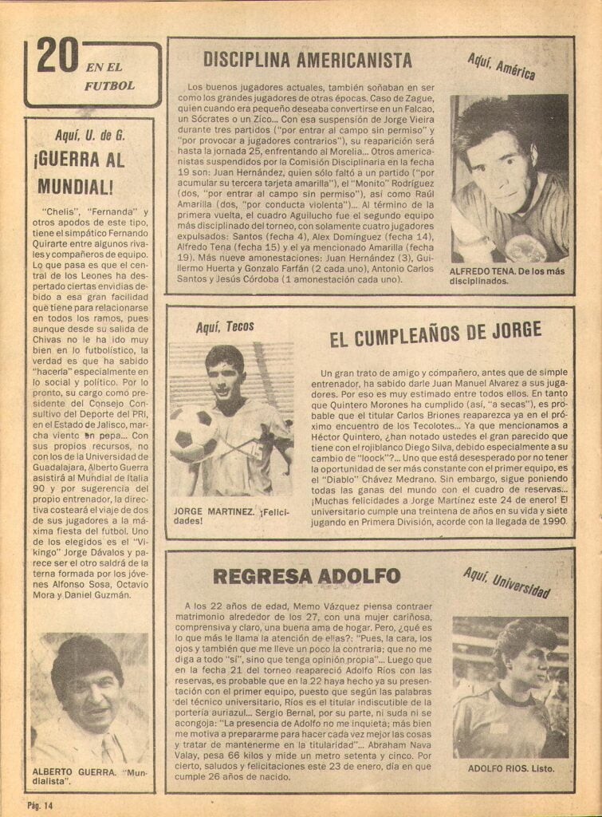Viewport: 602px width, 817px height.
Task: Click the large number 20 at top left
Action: click(x=57, y=57)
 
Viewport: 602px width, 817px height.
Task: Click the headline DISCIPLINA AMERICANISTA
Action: click(x=307, y=60)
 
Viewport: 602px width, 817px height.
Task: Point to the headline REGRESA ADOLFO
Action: click(x=306, y=576)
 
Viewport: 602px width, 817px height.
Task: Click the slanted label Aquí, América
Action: click(x=502, y=67)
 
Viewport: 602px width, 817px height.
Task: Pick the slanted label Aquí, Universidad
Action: click(x=506, y=582)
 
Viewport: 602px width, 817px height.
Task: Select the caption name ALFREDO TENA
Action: click(x=484, y=271)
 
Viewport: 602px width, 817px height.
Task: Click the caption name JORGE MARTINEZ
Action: click(x=214, y=511)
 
